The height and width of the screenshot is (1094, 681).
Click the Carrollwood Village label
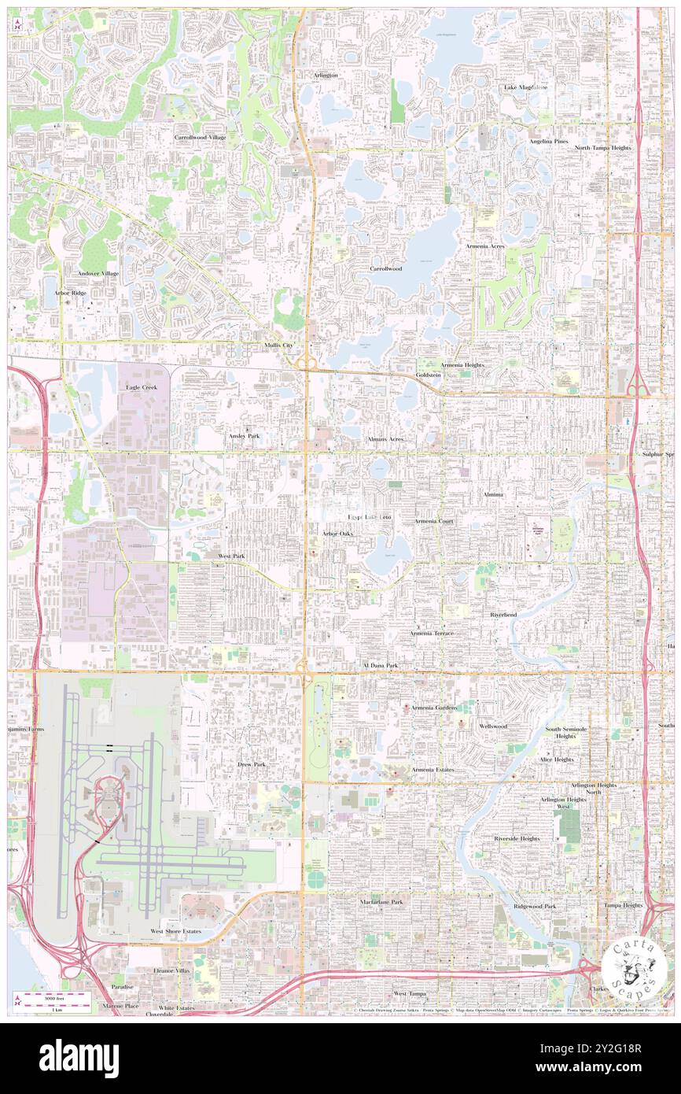200,137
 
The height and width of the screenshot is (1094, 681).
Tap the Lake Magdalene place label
525,87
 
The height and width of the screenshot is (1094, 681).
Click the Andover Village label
98,273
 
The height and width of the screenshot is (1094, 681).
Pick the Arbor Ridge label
70,292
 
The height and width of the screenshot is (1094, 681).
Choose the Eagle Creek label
142,388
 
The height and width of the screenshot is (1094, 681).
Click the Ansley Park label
244,435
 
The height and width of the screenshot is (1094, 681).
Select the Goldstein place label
429,375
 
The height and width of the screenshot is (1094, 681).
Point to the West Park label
231,556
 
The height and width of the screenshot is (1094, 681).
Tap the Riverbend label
503,614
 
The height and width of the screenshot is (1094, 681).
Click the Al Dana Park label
380,666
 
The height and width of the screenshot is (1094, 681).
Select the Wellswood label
492,726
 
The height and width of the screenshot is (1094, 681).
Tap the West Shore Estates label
176,931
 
